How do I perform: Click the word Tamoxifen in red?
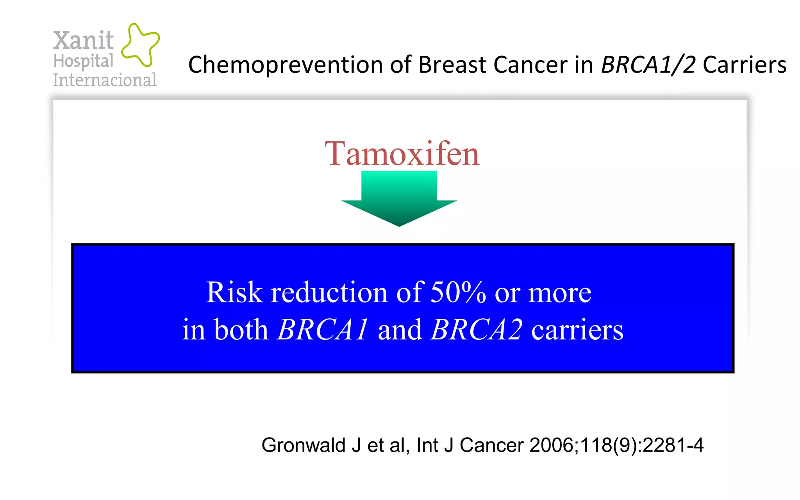[402, 154]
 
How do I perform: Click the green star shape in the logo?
[140, 44]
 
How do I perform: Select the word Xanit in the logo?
[83, 40]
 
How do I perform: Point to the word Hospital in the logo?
[83, 61]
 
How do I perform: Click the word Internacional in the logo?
[105, 80]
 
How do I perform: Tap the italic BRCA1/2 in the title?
[648, 65]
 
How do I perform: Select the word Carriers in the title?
[745, 65]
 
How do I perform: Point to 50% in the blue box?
[458, 292]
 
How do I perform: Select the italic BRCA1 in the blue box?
[323, 330]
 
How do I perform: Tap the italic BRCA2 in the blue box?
[476, 330]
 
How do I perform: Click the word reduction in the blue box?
[329, 292]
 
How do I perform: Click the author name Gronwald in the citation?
[304, 445]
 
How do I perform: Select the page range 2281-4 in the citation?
[673, 445]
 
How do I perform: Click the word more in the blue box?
[560, 293]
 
